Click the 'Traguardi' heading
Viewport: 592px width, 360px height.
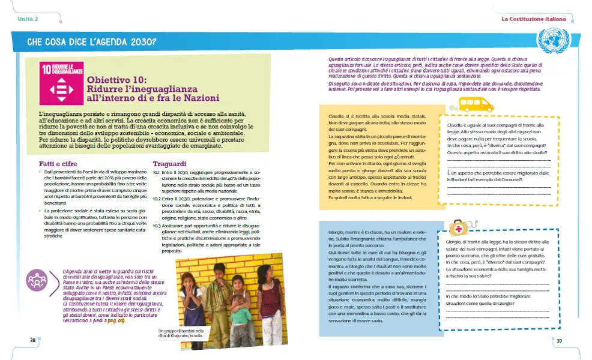pos(171,163)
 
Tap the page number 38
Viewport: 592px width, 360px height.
pos(33,340)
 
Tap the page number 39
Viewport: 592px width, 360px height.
pos(558,341)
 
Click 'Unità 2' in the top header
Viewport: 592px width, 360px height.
pos(28,19)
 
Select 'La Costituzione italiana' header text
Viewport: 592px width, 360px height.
pos(534,19)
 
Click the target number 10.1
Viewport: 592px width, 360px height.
pos(156,173)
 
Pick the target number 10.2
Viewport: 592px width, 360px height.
pos(156,198)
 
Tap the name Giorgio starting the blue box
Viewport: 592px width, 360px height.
pos(337,232)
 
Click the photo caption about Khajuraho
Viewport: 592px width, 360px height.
pos(181,334)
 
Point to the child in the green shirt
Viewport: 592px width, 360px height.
pos(241,312)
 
